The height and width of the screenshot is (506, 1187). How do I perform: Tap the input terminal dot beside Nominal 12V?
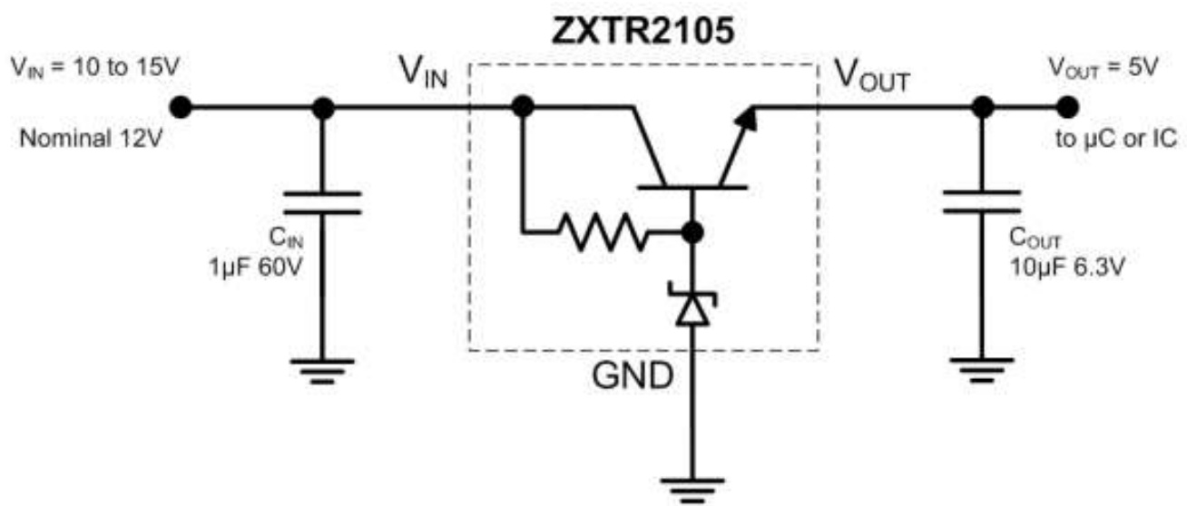pos(181,107)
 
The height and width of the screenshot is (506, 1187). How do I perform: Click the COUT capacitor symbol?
pos(981,203)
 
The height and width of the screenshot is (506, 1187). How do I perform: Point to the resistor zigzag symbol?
pos(600,233)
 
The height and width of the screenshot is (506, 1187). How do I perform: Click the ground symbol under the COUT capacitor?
pos(981,370)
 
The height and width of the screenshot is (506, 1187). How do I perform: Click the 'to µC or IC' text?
pos(1123,141)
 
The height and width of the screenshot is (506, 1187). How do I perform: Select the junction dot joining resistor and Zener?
pos(692,233)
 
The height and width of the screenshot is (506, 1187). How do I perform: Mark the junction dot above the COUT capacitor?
pos(981,107)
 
